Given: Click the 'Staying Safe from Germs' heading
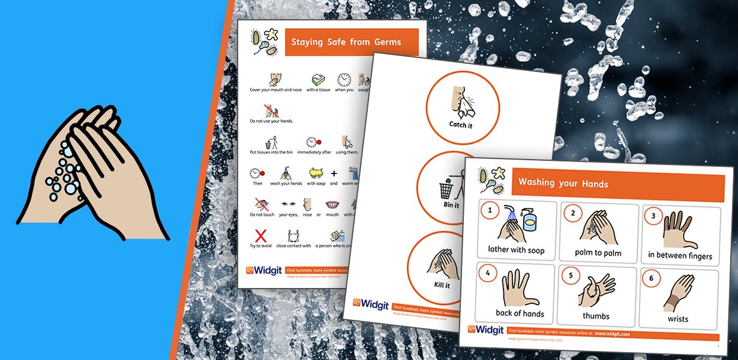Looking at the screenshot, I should click(338, 42).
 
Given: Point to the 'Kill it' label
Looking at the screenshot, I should click(442, 285).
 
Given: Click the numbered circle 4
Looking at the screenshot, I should click(488, 274).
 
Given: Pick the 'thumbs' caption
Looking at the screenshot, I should click(596, 316).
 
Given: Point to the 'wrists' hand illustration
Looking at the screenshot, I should click(678, 294).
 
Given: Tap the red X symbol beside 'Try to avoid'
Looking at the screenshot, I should click(261, 235).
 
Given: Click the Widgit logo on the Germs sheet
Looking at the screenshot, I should click(264, 271).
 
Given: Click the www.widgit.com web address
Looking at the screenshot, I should click(612, 333).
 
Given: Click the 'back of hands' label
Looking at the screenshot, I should click(520, 313).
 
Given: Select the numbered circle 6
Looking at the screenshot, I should click(652, 278).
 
